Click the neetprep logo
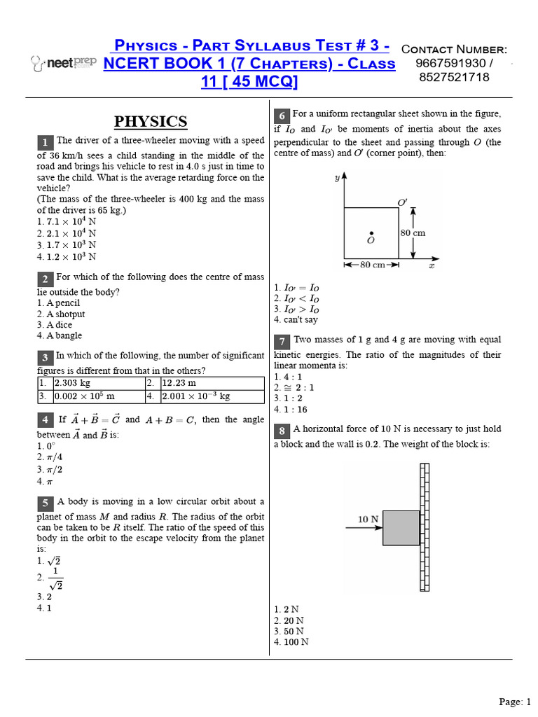(63, 63)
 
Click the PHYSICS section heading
(151, 121)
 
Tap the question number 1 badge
(45, 143)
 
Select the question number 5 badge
(45, 503)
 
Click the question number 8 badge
(282, 431)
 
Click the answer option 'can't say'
(299, 319)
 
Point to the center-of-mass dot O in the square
(371, 234)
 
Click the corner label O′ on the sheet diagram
(402, 202)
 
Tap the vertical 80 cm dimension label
(413, 232)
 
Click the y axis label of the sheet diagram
(337, 179)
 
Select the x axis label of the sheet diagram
(432, 265)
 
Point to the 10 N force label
(368, 519)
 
